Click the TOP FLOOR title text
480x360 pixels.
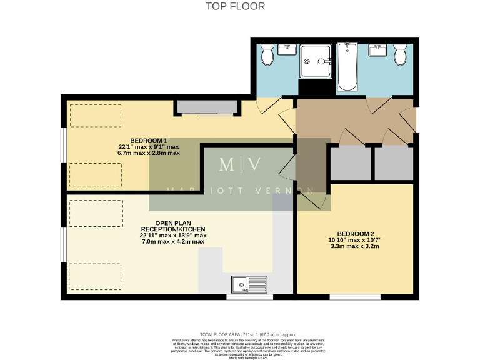point(236,6)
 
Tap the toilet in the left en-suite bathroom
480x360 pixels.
point(267,54)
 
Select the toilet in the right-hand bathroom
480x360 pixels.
point(400,54)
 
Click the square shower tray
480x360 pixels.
point(317,61)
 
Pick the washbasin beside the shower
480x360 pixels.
point(287,48)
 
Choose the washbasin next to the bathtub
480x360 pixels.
point(378,49)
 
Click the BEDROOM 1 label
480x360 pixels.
point(149,140)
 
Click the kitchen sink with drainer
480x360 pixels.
point(249,285)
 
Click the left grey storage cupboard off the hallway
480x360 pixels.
point(350,162)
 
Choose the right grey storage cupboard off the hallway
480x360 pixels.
point(394,162)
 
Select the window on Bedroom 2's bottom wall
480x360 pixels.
point(354,296)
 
